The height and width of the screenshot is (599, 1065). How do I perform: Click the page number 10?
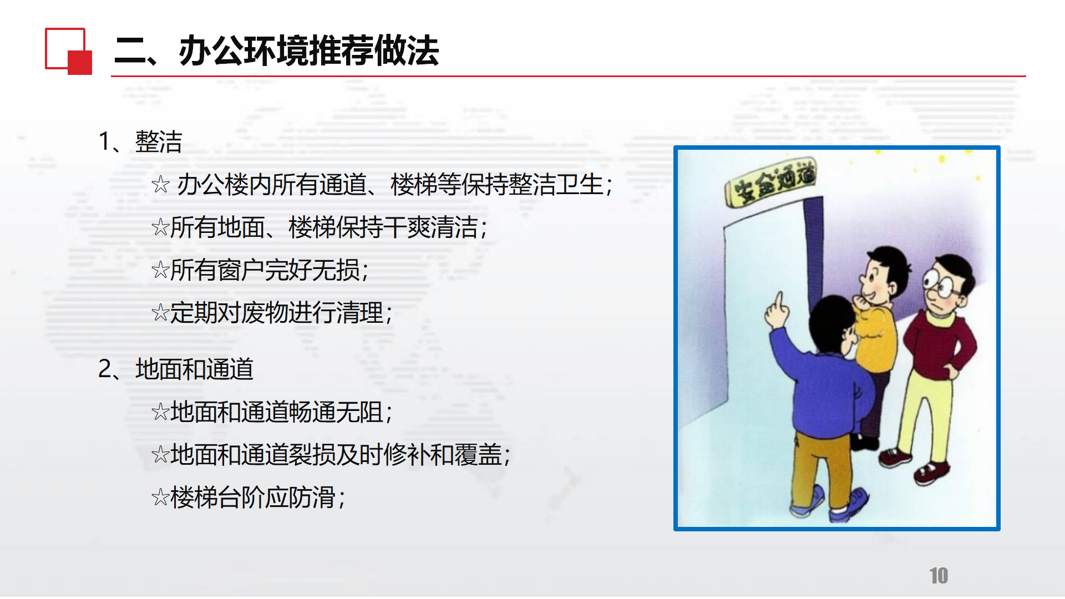click(x=939, y=576)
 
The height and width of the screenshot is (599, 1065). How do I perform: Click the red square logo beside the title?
click(x=68, y=51)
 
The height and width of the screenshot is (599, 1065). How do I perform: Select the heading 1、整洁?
click(x=140, y=141)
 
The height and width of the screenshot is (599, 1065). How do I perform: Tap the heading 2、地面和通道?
click(x=176, y=369)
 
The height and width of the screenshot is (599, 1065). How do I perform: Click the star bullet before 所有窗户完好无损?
click(x=160, y=270)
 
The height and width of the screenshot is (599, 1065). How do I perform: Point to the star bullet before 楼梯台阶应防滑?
click(x=160, y=498)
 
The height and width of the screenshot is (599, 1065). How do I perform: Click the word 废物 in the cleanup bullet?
click(x=265, y=312)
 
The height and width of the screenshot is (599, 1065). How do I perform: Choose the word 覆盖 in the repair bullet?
click(x=478, y=455)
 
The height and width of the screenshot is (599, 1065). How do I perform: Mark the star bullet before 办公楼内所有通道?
click(x=160, y=184)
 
